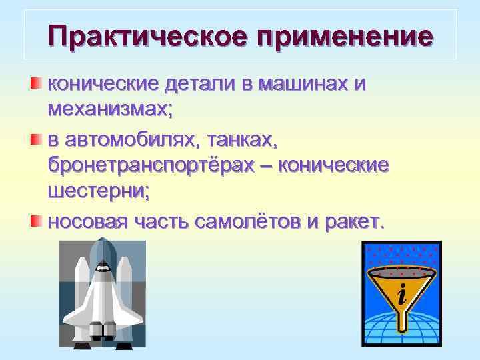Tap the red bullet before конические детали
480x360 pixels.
[x=36, y=83]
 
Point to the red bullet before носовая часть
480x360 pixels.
[x=36, y=219]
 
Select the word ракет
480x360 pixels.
[x=353, y=221]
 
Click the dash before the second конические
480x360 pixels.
[x=273, y=167]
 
